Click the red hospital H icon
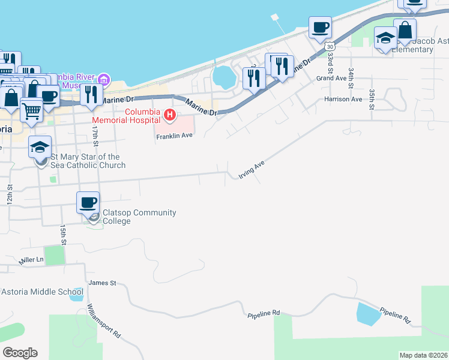pos(170,114)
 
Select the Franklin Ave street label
pos(174,136)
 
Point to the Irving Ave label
pos(252,170)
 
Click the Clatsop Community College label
pos(139,217)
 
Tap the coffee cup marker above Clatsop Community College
pos(88,202)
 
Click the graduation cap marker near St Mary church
pos(40,146)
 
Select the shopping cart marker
pos(31,109)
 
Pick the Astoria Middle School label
pos(37,292)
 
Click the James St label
pos(101,283)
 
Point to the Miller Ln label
pos(31,260)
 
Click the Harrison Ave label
pos(343,99)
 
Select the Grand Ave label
pos(332,79)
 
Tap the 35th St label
pos(372,96)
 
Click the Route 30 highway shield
pos(327,46)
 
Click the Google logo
pos(20,353)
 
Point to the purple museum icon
pos(104,79)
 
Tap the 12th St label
pos(10,193)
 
